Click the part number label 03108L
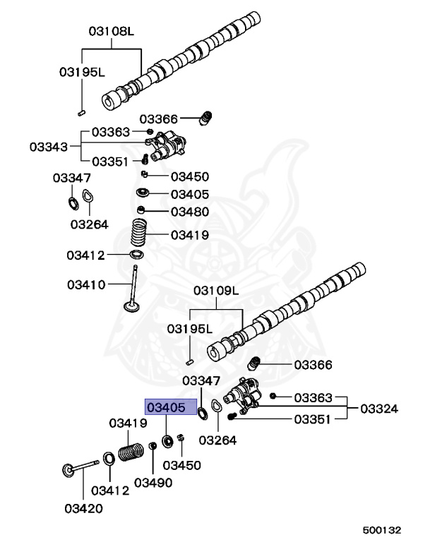tap(111, 31)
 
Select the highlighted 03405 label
tap(165, 408)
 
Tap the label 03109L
tap(217, 291)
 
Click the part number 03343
tap(49, 147)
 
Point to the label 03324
tap(379, 409)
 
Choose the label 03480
tap(189, 211)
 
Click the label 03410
tap(86, 285)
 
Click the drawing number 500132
tap(382, 529)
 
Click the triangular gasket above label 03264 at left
tap(89, 198)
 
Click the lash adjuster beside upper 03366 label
tap(207, 118)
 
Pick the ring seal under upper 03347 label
tap(72, 204)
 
